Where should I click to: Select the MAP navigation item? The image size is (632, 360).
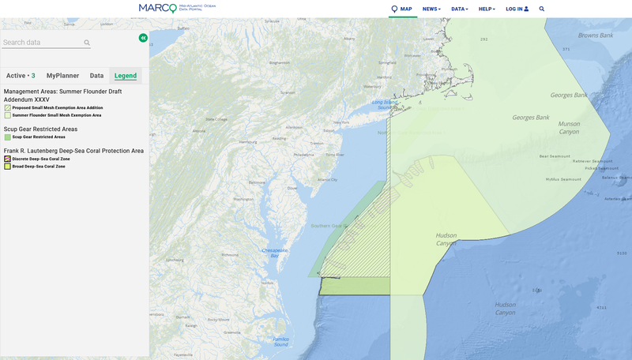point(402,9)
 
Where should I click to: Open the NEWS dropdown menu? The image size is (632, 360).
point(431,9)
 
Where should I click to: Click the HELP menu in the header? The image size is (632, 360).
point(487,9)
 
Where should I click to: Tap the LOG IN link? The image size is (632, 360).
point(517,9)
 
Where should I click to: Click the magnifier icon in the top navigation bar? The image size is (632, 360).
point(542,9)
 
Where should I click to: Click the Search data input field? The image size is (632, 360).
point(43,43)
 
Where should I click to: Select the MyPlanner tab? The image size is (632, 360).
point(62,76)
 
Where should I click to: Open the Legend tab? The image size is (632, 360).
point(125,76)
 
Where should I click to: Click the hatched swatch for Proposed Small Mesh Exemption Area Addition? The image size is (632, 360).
point(7,108)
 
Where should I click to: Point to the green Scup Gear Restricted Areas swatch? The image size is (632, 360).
point(7,137)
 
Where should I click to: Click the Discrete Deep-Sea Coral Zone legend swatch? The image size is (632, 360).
point(7,159)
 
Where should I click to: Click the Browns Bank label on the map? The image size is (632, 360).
point(594,36)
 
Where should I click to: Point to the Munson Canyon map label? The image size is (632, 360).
point(569,127)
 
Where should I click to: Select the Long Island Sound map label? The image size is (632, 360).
point(385,103)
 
